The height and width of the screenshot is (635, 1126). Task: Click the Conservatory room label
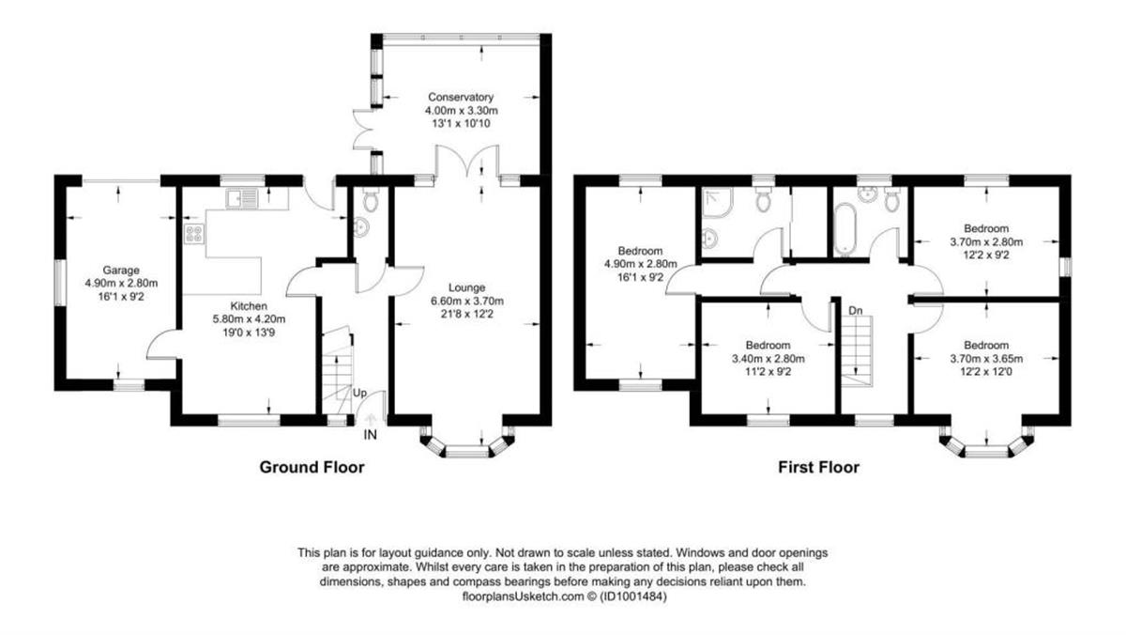click(460, 97)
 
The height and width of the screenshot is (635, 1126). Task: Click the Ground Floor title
click(312, 467)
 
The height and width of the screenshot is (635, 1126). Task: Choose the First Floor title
click(818, 467)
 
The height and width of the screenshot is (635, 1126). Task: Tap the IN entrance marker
click(372, 435)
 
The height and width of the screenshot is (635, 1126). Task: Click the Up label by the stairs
click(359, 393)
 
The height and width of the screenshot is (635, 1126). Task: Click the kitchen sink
click(242, 199)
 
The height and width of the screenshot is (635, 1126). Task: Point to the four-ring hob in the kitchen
click(194, 235)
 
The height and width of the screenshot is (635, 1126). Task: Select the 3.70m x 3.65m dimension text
click(986, 358)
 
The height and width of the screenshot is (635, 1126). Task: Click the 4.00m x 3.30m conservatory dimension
click(460, 110)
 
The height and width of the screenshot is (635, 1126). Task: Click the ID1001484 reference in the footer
click(637, 596)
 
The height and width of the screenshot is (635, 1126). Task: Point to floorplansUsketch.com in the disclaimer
click(513, 596)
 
